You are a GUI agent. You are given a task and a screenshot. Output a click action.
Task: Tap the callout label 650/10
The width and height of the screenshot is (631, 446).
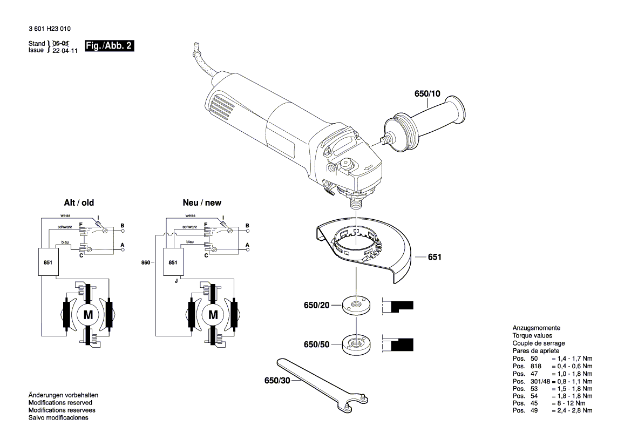[x=427, y=94]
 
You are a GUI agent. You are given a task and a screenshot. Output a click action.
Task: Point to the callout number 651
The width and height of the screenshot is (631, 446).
[x=435, y=258]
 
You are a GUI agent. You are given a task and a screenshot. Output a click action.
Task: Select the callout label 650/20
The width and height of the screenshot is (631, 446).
[x=316, y=306]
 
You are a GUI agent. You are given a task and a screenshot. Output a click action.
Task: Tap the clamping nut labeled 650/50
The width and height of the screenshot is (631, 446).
[x=356, y=344]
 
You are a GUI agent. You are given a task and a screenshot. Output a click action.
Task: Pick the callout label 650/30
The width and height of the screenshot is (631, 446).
[x=277, y=381]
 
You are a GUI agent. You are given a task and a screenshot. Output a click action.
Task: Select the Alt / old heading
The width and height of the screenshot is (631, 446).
[x=79, y=203]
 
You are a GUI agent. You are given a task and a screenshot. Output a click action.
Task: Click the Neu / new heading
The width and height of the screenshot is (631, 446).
[x=202, y=203]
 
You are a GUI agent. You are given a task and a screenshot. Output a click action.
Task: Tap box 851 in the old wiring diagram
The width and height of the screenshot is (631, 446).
[x=48, y=262]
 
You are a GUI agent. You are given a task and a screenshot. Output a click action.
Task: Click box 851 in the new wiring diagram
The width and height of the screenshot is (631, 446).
[x=173, y=262]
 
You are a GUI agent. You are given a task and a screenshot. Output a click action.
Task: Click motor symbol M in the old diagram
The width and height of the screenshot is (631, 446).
[x=87, y=314]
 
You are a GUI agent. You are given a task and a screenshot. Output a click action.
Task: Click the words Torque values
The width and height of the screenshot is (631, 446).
[x=533, y=336]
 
